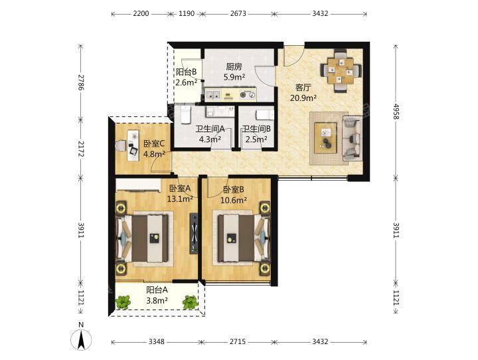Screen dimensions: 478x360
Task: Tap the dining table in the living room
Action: pos(341,71)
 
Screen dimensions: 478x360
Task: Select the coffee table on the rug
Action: pos(326,138)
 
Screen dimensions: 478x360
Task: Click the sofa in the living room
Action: pos(353,138)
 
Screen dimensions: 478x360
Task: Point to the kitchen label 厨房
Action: pos(234,66)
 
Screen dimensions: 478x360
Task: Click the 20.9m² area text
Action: pos(303,98)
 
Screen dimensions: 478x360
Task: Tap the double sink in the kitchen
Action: pos(212,94)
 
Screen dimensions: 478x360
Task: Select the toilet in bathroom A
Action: pos(186,114)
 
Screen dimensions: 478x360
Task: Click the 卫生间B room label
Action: pos(256,129)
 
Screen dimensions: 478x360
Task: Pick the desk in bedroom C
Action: pos(133,143)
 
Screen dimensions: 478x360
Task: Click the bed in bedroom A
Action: pos(143,238)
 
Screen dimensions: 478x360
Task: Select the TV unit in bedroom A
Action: pos(194,233)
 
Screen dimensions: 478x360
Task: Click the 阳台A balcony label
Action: pos(157,290)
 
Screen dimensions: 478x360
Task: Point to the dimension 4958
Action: pos(396,112)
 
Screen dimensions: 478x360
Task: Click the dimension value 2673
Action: pos(238,14)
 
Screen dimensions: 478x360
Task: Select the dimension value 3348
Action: pos(157,341)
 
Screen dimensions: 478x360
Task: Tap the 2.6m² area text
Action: pos(186,82)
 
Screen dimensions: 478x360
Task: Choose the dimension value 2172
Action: pos(81,149)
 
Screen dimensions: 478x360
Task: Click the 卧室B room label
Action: pos(234,190)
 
